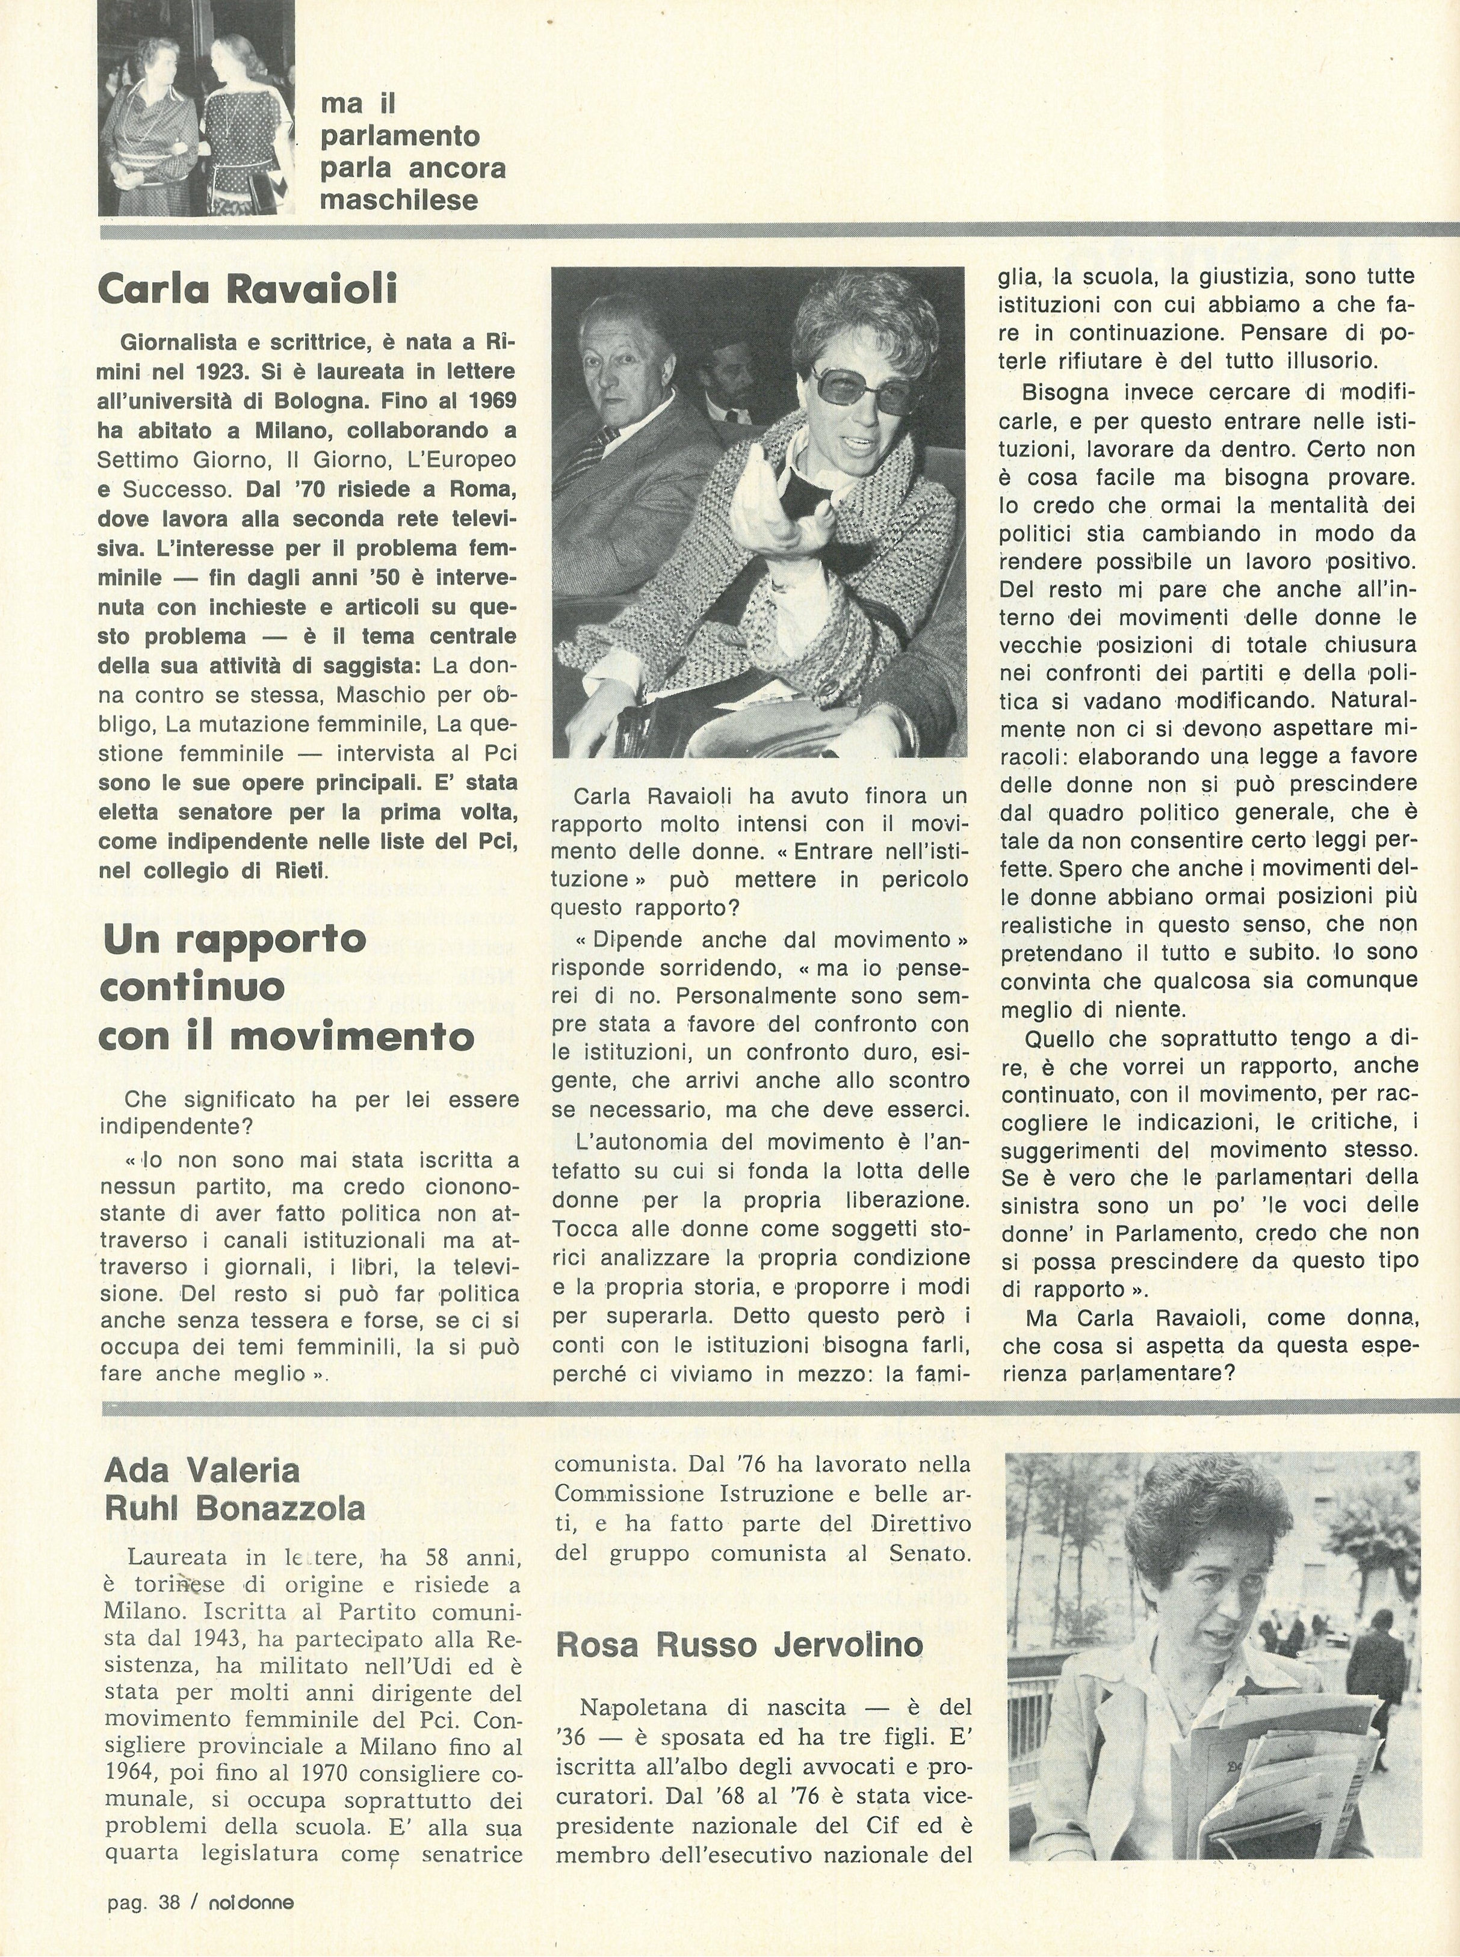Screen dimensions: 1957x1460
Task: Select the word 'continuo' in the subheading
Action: [193, 987]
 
